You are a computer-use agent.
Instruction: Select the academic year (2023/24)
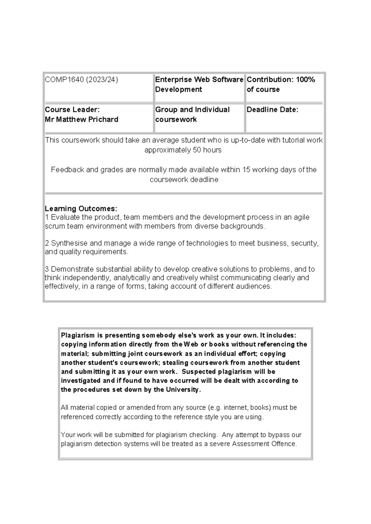click(x=102, y=80)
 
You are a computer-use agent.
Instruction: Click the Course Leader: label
click(x=72, y=109)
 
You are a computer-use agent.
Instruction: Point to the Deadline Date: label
click(x=272, y=109)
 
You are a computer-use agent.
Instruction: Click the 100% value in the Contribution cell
click(x=305, y=80)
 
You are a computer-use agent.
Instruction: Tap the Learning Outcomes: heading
click(x=81, y=209)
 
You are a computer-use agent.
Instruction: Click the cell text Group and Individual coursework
click(x=192, y=114)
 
